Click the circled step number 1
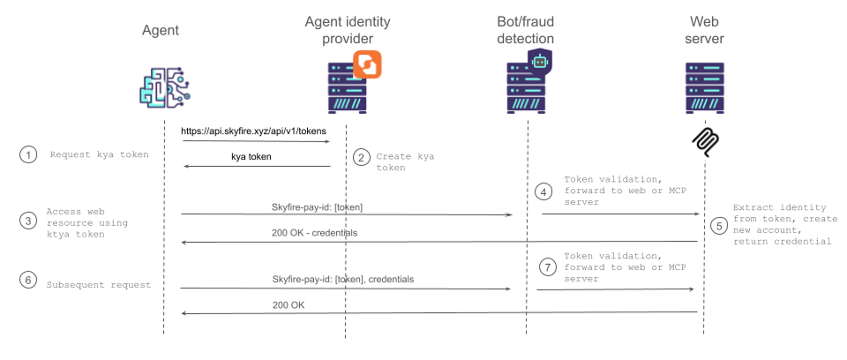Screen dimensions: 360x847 point(29,154)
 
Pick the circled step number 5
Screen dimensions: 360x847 point(720,225)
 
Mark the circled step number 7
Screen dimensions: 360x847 point(546,266)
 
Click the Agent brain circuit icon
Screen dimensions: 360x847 point(165,86)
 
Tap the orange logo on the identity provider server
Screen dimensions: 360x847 point(366,65)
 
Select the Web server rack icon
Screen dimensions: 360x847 point(704,86)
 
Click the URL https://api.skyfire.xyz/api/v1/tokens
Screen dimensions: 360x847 point(253,131)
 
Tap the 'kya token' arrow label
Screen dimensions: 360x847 point(251,156)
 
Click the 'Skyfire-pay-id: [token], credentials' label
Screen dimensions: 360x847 point(344,279)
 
